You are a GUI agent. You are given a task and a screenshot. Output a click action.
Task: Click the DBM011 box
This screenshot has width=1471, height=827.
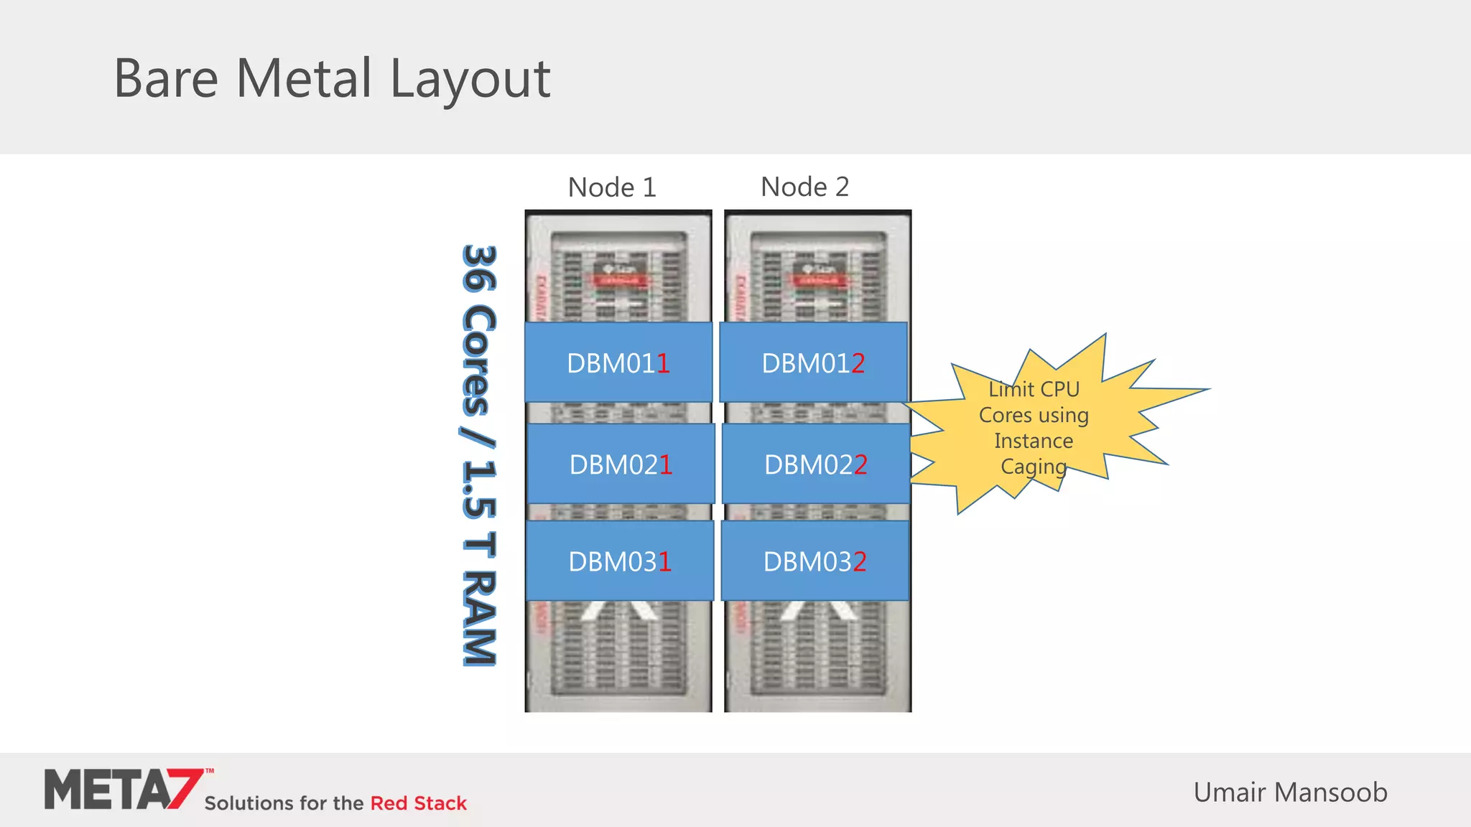(x=618, y=363)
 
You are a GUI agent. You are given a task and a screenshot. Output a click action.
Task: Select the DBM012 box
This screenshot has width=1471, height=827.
(x=813, y=363)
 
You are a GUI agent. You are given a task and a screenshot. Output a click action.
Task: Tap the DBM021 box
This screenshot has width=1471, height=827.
(x=621, y=464)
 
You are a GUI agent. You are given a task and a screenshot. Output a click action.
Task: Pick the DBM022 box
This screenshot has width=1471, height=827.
(x=816, y=464)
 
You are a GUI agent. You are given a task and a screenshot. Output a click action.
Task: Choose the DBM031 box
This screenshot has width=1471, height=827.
(x=619, y=561)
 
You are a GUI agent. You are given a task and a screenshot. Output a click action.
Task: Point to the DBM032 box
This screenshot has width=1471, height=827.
(x=815, y=561)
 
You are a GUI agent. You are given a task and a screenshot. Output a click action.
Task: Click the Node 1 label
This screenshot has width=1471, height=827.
(x=612, y=187)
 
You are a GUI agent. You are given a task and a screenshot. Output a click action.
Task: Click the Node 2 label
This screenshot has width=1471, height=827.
(x=804, y=187)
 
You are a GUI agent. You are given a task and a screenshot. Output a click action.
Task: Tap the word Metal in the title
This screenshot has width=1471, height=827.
(x=305, y=78)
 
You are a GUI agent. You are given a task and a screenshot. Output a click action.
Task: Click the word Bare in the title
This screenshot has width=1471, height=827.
(x=166, y=78)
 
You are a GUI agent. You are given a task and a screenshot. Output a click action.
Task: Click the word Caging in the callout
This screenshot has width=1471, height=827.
(x=1034, y=467)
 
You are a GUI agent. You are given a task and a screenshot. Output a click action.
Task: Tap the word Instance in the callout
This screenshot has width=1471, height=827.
(x=1034, y=441)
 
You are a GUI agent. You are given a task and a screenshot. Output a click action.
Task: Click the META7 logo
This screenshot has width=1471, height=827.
(x=121, y=790)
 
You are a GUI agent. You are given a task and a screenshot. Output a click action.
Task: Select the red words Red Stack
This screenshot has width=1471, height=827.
(x=418, y=803)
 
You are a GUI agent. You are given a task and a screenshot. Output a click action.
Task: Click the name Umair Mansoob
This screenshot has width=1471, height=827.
(x=1290, y=792)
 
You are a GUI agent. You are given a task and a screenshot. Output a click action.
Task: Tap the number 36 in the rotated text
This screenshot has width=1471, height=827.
(x=478, y=269)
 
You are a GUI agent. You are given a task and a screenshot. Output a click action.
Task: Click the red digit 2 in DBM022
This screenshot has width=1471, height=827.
(x=860, y=464)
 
